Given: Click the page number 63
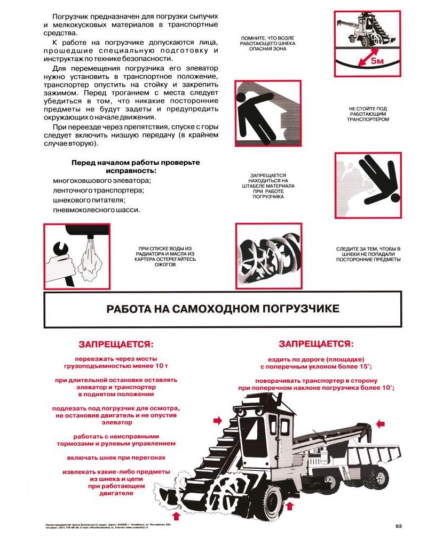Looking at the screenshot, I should [x=398, y=527].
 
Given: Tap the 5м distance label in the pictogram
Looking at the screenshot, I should [x=377, y=61].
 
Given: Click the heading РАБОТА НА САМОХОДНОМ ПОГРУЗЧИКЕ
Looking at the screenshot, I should [x=223, y=309].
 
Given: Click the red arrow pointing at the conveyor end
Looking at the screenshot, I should [x=380, y=423].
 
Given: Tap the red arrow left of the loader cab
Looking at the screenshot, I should [x=217, y=421].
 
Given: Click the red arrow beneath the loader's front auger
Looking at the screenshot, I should [x=177, y=516].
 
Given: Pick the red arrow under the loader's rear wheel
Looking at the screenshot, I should [x=290, y=505].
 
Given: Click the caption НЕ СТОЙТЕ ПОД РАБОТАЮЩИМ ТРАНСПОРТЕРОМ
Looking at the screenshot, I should [x=368, y=114].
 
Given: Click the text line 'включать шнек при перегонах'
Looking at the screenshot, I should [x=116, y=457].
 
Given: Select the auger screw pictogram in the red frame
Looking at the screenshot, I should [x=268, y=256].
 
